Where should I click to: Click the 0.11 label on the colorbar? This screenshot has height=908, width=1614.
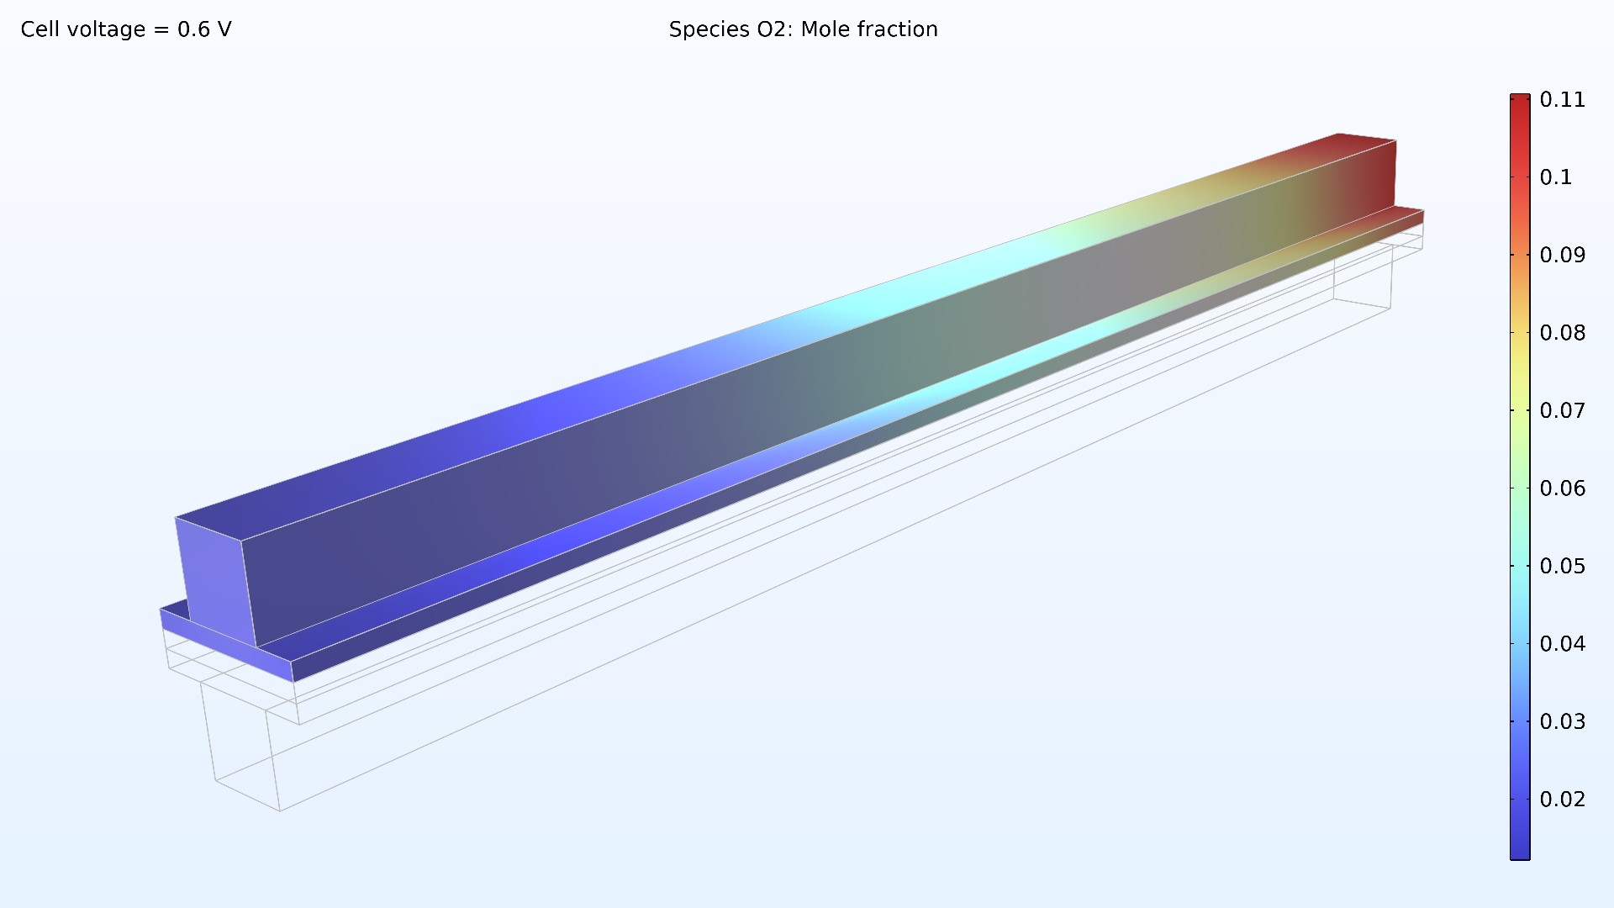tap(1562, 100)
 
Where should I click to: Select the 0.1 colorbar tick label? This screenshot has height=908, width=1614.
tap(1555, 177)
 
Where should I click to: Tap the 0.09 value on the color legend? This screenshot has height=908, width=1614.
tap(1562, 256)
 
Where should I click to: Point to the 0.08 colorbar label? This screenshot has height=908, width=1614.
tap(1562, 333)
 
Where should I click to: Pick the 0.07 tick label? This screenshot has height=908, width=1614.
tap(1562, 411)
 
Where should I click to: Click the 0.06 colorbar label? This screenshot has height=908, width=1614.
tap(1562, 488)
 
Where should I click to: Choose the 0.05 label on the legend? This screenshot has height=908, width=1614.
tap(1562, 567)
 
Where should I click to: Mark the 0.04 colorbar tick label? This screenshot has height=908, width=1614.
tap(1562, 644)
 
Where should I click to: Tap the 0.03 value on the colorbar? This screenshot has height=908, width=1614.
tap(1562, 722)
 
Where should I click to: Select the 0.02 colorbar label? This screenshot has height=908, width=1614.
tap(1562, 800)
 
